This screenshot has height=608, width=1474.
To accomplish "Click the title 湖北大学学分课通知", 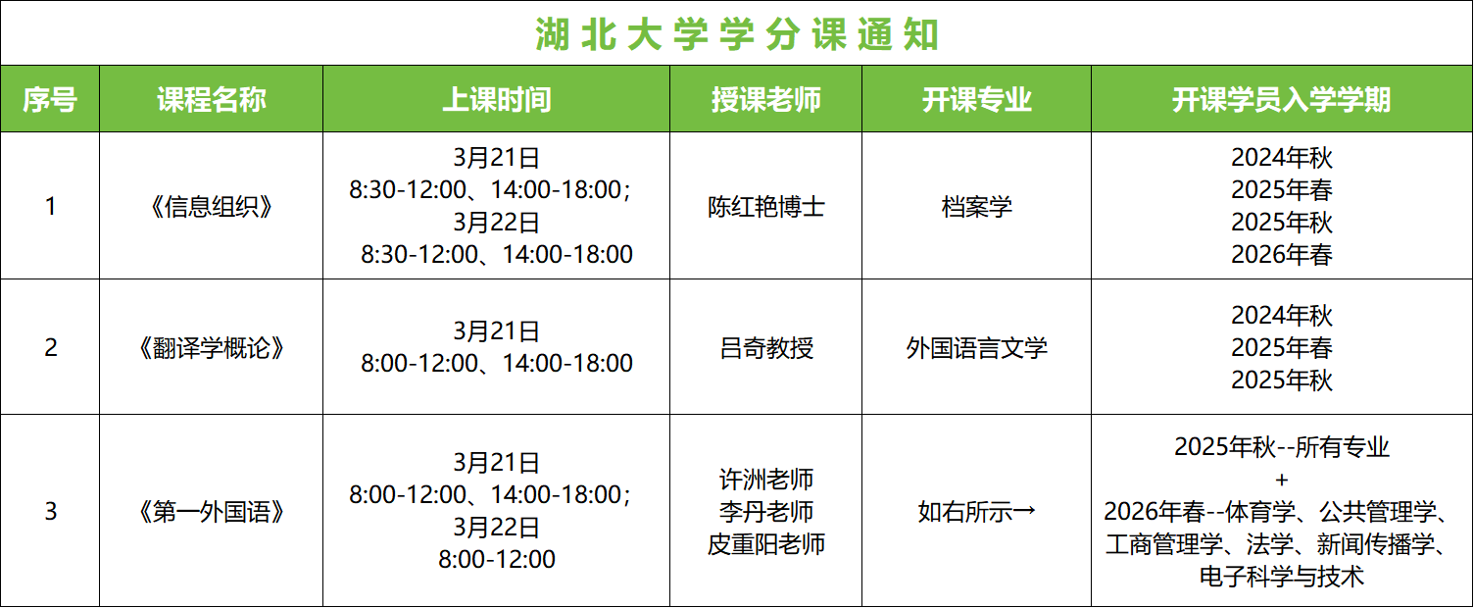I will [x=737, y=34].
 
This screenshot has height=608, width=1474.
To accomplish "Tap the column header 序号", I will [x=50, y=99].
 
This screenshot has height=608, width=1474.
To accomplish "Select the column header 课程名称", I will [x=211, y=99].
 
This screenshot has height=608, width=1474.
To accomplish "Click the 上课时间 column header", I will [x=496, y=99].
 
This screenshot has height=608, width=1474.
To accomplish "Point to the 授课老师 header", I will [x=765, y=99].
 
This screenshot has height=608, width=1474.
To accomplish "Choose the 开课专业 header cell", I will [x=976, y=99].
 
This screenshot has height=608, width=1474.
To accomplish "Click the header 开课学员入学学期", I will [x=1281, y=99].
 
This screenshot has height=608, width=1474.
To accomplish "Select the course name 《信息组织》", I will [x=211, y=207].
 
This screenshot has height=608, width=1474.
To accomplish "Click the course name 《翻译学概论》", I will [x=211, y=348].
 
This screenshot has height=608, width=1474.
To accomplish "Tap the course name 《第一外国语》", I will [x=211, y=512].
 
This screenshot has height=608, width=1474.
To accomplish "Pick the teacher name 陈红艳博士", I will [x=765, y=207].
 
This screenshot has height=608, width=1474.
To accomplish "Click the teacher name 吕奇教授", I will [x=765, y=348].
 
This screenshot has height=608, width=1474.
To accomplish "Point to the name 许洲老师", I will [x=765, y=480].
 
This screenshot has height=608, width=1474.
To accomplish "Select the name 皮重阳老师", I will [x=765, y=544].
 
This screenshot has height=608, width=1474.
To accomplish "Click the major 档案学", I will [x=976, y=207].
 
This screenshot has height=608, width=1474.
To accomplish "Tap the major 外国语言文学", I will [x=976, y=348].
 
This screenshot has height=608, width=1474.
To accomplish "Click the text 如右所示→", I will [x=976, y=512].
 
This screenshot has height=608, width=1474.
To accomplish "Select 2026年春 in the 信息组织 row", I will [x=1281, y=255].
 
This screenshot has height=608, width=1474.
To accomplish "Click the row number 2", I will [x=50, y=348].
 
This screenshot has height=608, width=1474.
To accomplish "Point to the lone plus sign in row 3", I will [x=1281, y=480].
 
